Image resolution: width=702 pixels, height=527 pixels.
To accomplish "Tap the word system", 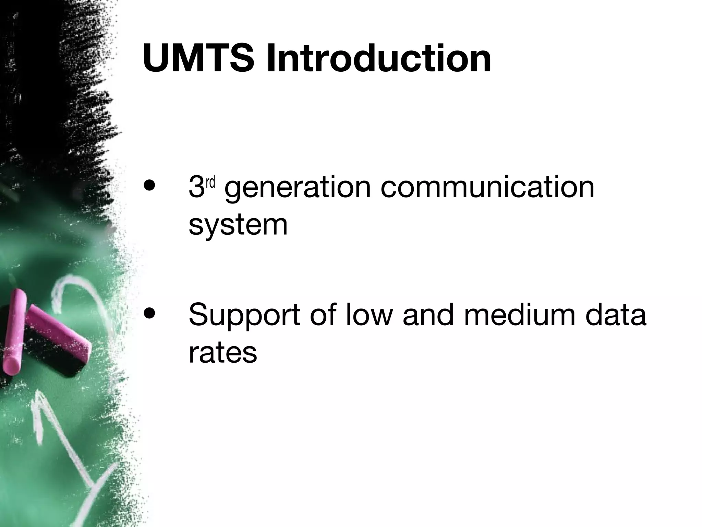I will click(238, 226).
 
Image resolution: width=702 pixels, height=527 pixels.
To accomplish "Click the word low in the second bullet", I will click(370, 314).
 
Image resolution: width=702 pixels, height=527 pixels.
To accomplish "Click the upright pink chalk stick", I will click(15, 331).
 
